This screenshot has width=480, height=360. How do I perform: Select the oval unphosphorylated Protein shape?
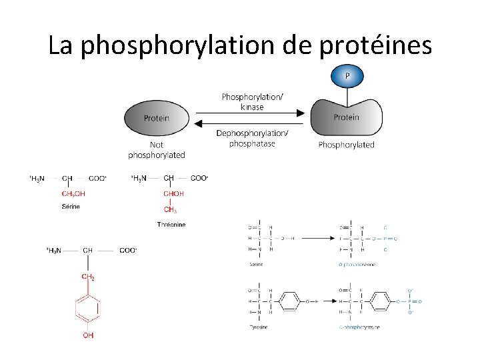pyautogui.click(x=157, y=118)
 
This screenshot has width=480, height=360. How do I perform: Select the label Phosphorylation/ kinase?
pyautogui.click(x=252, y=101)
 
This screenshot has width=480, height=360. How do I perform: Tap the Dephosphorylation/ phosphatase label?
pyautogui.click(x=252, y=138)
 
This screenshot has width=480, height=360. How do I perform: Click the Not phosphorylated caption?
pyautogui.click(x=157, y=149)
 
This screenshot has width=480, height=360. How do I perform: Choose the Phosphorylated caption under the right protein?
pyautogui.click(x=347, y=145)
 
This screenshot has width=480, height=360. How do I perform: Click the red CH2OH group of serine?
pyautogui.click(x=73, y=193)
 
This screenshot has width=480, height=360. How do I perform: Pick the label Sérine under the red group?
pyautogui.click(x=71, y=207)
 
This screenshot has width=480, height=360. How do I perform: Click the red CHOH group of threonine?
pyautogui.click(x=173, y=193)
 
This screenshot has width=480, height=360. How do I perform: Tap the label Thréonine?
pyautogui.click(x=171, y=225)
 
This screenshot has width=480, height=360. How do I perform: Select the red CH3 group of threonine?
pyautogui.click(x=171, y=210)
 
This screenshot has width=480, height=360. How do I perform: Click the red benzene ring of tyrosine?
pyautogui.click(x=88, y=308)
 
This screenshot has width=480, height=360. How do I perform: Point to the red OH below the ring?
pyautogui.click(x=88, y=335)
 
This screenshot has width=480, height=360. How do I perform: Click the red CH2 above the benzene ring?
pyautogui.click(x=88, y=276)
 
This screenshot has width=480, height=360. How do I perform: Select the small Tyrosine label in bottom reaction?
pyautogui.click(x=257, y=327)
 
